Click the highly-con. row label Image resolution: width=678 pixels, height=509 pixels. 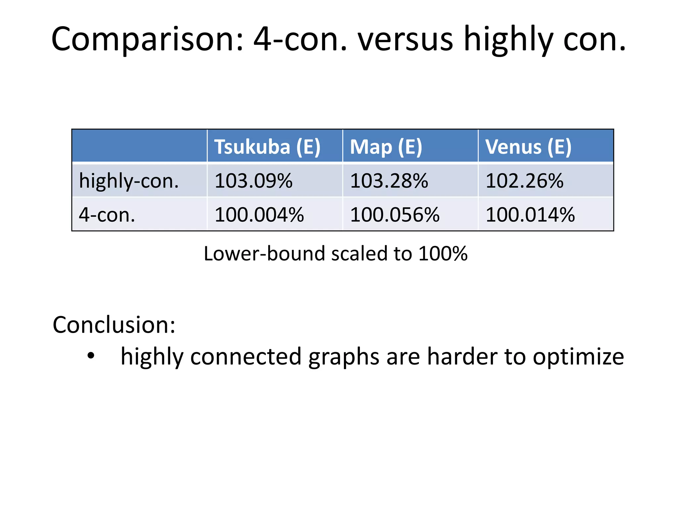click(x=129, y=181)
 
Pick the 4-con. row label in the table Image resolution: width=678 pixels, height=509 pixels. click(x=107, y=215)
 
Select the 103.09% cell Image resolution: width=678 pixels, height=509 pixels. click(x=254, y=181)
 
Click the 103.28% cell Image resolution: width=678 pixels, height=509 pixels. click(x=389, y=181)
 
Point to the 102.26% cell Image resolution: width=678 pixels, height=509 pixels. click(x=524, y=181)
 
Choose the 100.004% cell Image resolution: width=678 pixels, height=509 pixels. click(x=259, y=215)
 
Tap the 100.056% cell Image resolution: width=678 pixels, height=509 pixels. click(x=395, y=215)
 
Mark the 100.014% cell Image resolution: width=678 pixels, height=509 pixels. click(x=530, y=215)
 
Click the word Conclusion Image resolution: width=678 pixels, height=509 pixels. click(x=114, y=325)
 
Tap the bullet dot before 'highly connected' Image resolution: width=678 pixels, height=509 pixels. click(x=91, y=356)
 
